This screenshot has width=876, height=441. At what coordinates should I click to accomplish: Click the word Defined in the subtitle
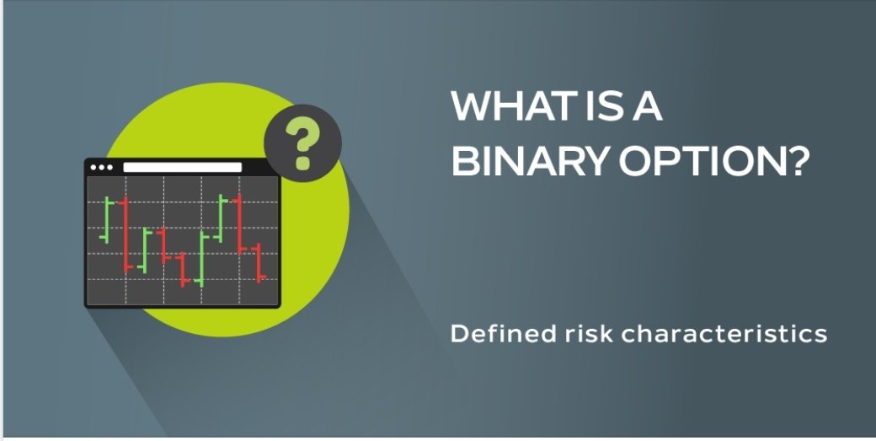pos(504,334)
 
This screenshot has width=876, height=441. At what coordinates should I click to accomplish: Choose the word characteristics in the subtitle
pos(724,334)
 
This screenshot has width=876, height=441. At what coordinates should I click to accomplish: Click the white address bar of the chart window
pos(182,167)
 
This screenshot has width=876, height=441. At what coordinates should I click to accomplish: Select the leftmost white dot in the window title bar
pos(93,167)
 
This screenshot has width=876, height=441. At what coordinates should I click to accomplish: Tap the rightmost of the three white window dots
pos(109,167)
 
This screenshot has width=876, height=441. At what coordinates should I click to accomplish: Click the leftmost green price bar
pos(106,220)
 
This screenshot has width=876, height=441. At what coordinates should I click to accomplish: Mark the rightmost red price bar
pos(259,263)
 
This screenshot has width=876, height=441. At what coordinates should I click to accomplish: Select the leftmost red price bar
pos(126,234)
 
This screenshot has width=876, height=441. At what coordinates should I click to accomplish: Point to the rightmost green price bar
pos(220,218)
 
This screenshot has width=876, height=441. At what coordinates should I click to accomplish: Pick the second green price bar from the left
pos(144,250)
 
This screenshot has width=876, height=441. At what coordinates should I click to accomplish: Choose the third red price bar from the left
pos(182,270)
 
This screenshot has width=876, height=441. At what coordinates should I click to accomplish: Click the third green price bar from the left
pos(201,258)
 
